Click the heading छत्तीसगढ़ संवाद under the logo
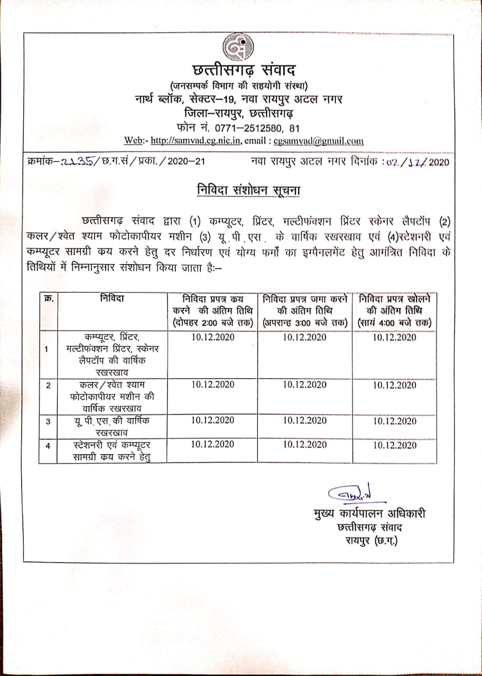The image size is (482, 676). click(236, 71)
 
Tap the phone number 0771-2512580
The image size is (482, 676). click(249, 127)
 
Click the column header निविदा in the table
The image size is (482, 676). click(112, 298)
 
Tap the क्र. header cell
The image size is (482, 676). click(49, 298)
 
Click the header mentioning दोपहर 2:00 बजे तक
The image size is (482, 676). click(212, 311)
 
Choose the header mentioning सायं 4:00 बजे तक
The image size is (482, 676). click(394, 311)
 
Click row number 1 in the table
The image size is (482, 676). click(48, 349)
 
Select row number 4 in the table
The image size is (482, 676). click(48, 446)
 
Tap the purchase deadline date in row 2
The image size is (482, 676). click(212, 384)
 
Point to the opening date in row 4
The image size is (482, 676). click(394, 446)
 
